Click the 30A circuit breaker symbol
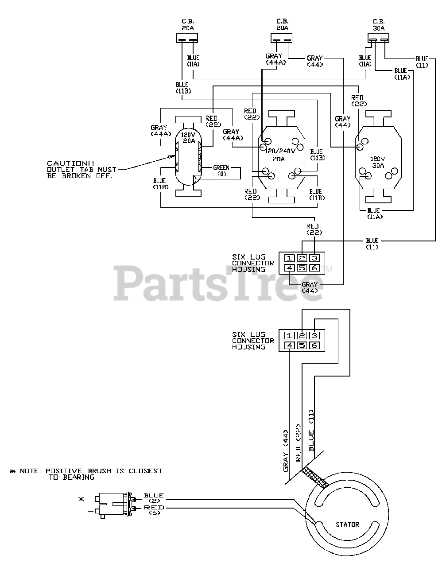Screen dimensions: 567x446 click(x=378, y=39)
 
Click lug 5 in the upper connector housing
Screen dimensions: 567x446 click(x=302, y=268)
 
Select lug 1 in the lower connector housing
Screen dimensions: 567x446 click(x=289, y=335)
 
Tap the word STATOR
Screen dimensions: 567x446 click(x=347, y=524)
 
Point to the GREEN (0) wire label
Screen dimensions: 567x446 click(x=221, y=171)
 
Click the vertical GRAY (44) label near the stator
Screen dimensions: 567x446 click(x=286, y=450)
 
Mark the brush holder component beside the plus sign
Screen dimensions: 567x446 click(x=114, y=504)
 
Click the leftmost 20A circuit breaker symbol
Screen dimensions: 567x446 click(x=187, y=39)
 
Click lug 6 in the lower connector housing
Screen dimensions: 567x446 click(x=314, y=345)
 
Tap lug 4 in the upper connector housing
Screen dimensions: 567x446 click(x=289, y=268)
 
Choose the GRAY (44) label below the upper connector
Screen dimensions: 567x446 click(x=309, y=287)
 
